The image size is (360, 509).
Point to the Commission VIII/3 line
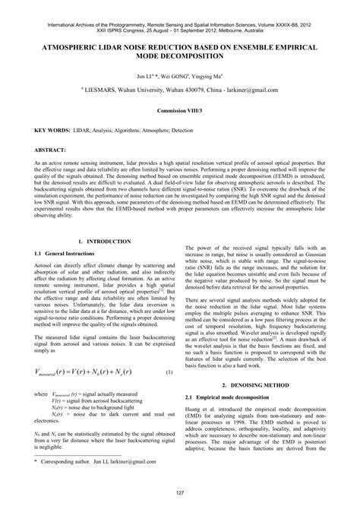[179, 109]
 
